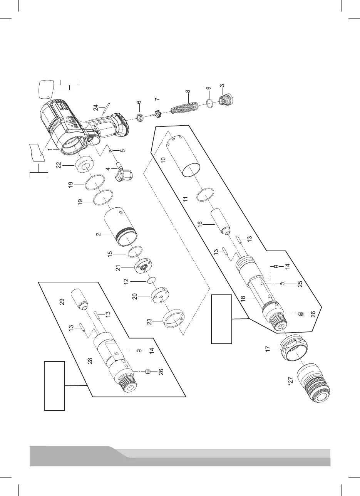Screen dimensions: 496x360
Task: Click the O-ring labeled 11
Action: (205, 195)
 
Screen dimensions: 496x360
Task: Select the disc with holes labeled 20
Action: (159, 296)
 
